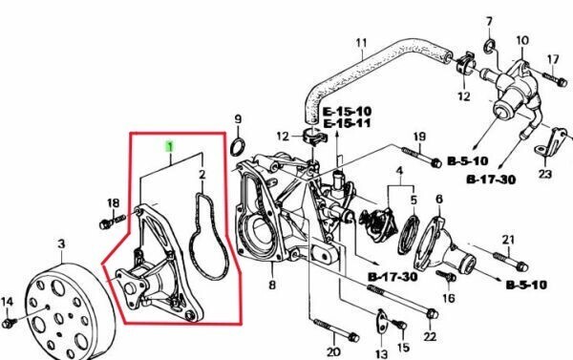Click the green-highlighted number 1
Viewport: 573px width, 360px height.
pyautogui.click(x=170, y=146)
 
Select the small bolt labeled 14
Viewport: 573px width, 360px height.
pyautogui.click(x=10, y=323)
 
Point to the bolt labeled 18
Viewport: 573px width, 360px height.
pyautogui.click(x=112, y=222)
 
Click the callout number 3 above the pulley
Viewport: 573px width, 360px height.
pyautogui.click(x=61, y=244)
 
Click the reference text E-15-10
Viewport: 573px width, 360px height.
pyautogui.click(x=348, y=111)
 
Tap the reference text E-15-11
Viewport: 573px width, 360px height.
pyautogui.click(x=348, y=123)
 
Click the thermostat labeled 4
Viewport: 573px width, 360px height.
pyautogui.click(x=378, y=224)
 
